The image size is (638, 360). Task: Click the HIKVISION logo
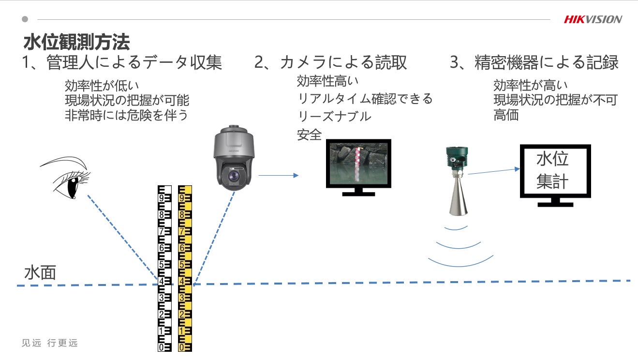click(593, 19)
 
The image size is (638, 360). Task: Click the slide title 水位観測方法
click(76, 42)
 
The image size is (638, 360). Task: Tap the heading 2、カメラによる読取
click(331, 62)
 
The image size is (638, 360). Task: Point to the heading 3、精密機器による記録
click(534, 62)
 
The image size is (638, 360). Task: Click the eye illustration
click(68, 178)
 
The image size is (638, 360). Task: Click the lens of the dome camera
click(235, 175)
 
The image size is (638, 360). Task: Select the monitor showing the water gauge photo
click(358, 164)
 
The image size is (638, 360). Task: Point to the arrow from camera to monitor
click(278, 175)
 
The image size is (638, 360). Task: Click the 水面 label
click(40, 273)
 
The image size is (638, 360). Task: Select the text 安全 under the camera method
click(310, 135)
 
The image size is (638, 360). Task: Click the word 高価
click(506, 116)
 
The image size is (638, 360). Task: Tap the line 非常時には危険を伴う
click(126, 116)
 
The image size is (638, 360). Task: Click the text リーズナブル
click(334, 117)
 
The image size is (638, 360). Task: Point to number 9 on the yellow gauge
click(182, 198)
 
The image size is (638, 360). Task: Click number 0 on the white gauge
click(161, 347)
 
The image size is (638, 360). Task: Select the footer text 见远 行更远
click(50, 343)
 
